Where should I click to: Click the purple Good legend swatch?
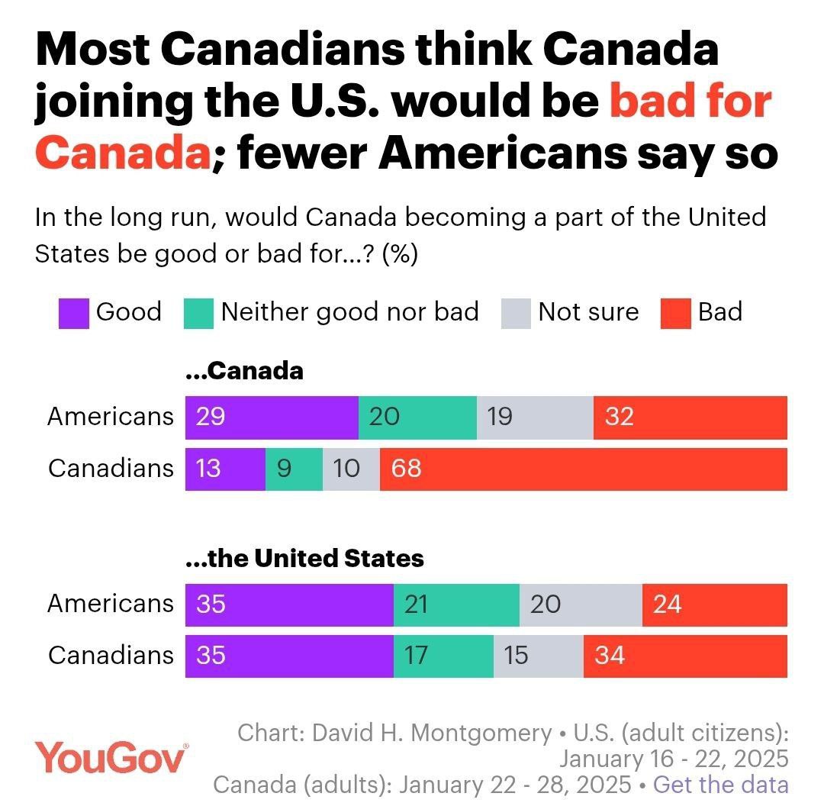tap(73, 313)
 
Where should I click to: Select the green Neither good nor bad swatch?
tap(198, 313)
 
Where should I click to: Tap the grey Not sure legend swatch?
tap(516, 313)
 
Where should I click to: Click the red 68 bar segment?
tap(584, 469)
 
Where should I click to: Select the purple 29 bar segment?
tap(272, 418)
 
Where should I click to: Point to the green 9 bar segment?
tap(294, 469)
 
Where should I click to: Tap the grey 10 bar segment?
tap(351, 469)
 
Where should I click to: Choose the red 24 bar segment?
tap(715, 604)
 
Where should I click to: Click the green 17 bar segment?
tap(443, 656)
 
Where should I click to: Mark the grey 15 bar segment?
tap(538, 656)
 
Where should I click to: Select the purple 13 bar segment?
tap(225, 469)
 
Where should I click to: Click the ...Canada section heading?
tap(245, 372)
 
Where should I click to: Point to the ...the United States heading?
tap(305, 559)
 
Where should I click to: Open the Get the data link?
tap(721, 785)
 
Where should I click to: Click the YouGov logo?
tap(111, 759)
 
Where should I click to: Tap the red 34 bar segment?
tap(685, 656)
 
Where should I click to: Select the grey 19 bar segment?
tap(535, 418)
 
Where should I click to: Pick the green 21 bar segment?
tap(456, 604)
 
